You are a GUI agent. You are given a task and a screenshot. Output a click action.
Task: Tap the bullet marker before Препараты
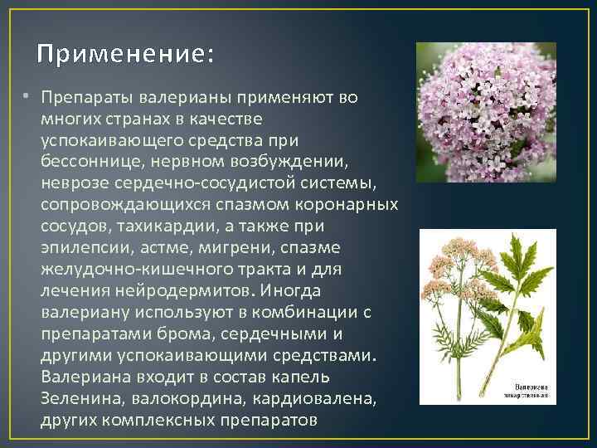point(28,97)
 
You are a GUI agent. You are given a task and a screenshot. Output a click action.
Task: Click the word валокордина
point(182,399)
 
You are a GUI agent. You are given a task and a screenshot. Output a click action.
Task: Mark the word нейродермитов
point(183,291)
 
